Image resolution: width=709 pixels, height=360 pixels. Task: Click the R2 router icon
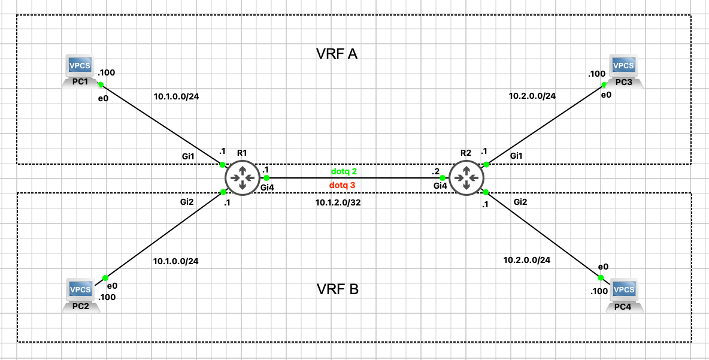point(466,178)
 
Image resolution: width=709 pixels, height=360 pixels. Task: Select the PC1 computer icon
point(81,71)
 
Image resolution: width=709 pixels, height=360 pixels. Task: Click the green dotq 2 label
point(344,171)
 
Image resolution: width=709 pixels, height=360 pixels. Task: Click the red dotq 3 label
point(343,185)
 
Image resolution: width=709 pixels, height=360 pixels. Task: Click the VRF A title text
point(337,54)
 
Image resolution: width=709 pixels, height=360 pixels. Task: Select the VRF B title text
point(337,290)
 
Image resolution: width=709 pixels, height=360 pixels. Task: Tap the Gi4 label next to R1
point(267,187)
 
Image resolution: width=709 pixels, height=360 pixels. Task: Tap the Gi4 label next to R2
point(440,186)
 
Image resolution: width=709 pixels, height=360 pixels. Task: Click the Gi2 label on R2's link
point(520,202)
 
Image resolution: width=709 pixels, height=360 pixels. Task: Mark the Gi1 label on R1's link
point(189,156)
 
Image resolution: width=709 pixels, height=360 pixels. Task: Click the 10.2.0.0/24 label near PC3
point(532,95)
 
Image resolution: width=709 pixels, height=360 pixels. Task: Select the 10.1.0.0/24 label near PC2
point(176,261)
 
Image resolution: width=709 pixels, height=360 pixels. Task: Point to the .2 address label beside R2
point(435,171)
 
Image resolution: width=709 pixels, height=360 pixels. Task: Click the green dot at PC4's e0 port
point(601,277)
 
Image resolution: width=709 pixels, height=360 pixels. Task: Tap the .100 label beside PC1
point(106,73)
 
